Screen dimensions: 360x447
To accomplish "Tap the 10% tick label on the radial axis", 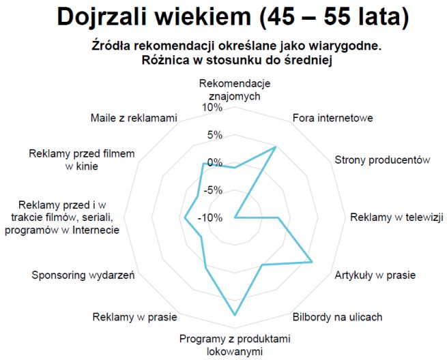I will [x=212, y=108].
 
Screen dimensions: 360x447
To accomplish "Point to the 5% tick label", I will [x=215, y=135].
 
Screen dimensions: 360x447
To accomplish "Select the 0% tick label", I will [x=215, y=162].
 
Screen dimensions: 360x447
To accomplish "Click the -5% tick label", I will [x=213, y=190].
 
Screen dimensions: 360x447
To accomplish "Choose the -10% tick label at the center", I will [x=211, y=218].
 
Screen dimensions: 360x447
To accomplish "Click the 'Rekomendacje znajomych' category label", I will [x=235, y=90].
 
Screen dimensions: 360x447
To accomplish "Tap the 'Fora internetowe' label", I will [x=332, y=118].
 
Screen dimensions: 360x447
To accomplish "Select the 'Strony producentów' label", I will [x=381, y=160].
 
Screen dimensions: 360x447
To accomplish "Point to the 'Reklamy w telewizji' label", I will [x=396, y=218].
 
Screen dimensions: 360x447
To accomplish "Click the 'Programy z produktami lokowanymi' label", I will [x=235, y=345].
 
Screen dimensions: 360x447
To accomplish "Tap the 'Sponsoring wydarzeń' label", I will [x=83, y=275].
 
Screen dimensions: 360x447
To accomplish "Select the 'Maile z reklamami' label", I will [x=134, y=118].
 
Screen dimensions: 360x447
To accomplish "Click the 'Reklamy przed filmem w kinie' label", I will [x=82, y=160].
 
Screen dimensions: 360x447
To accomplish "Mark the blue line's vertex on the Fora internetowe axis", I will [x=275, y=147].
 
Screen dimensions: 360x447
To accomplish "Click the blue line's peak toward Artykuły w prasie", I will [x=312, y=262].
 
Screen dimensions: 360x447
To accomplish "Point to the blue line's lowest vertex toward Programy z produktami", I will [x=235, y=315].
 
